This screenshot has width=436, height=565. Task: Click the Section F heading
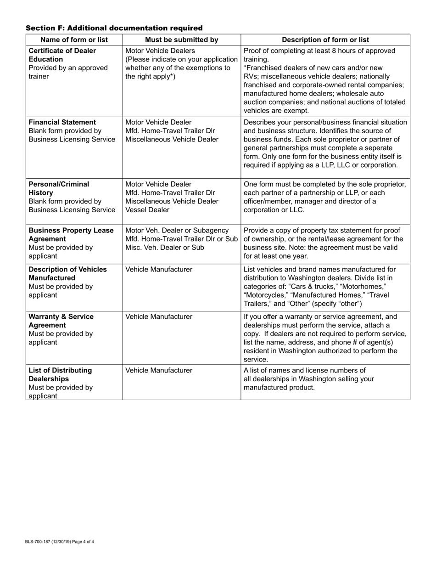pos(114,28)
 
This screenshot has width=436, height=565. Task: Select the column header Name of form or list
pos(74,40)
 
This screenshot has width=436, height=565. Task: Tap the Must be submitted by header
pos(181,40)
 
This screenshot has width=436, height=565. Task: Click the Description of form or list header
pos(325,40)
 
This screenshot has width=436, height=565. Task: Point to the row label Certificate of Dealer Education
pos(62,55)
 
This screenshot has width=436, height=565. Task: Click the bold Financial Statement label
pos(62,122)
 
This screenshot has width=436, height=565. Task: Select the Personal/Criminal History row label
pos(59,188)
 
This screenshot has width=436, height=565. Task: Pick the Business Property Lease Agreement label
pos(71,235)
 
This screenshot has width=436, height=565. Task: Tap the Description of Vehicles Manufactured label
pos(67,274)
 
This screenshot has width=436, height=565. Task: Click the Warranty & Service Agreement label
pos(61,321)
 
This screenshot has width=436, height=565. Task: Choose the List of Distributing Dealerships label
pos(60,374)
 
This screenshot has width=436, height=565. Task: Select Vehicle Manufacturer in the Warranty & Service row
pos(159,316)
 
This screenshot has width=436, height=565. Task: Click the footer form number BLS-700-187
pos(41,542)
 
